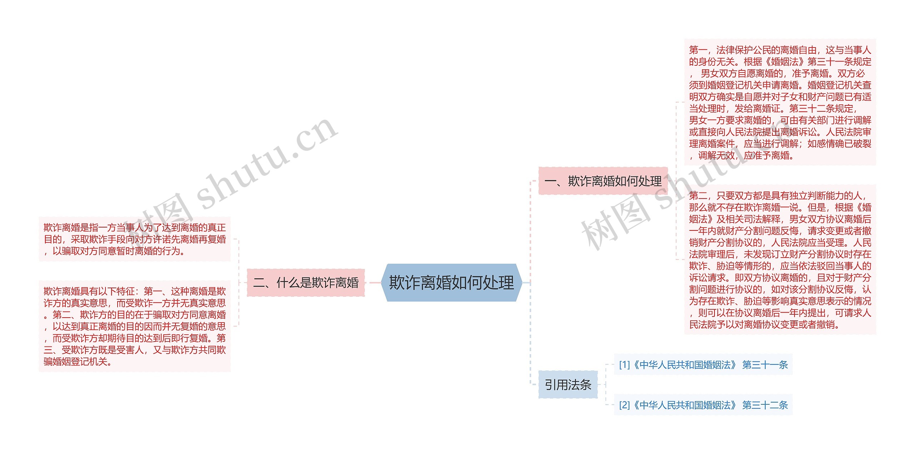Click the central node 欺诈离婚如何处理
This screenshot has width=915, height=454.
(451, 283)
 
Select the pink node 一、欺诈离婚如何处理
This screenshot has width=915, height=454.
(603, 181)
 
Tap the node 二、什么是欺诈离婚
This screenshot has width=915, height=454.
(306, 283)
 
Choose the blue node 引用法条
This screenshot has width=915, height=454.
(568, 385)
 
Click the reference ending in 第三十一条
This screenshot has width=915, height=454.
(703, 365)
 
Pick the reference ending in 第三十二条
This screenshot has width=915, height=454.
(703, 405)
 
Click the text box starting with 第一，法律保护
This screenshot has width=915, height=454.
(780, 102)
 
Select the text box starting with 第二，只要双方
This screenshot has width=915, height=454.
(780, 260)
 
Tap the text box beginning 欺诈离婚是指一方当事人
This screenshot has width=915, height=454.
(134, 239)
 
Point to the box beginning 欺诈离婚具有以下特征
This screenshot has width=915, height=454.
(134, 326)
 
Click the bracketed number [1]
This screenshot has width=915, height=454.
(624, 365)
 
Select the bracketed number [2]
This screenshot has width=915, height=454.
(624, 405)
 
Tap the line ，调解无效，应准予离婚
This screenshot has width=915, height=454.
(742, 155)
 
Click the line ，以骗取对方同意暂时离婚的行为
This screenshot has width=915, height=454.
(114, 251)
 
